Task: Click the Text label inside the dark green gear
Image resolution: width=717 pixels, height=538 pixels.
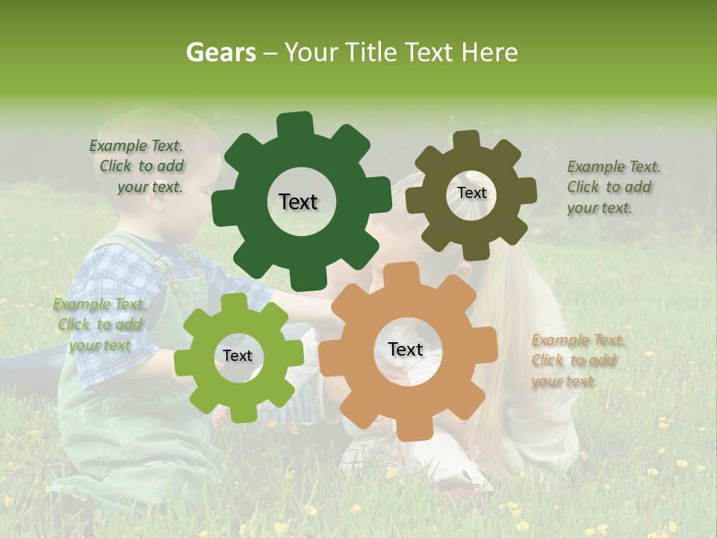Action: click(x=298, y=202)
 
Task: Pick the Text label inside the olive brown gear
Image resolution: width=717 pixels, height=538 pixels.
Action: click(x=471, y=193)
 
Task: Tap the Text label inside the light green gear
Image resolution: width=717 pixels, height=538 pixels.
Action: click(x=238, y=356)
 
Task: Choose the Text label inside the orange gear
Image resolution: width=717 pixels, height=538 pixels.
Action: click(x=406, y=349)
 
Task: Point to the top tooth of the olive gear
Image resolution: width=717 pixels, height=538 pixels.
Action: click(x=467, y=140)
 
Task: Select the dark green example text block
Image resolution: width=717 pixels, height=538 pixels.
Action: click(x=138, y=167)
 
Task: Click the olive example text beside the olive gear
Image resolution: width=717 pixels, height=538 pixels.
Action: click(x=612, y=187)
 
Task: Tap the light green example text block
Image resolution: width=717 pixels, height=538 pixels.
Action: click(x=99, y=324)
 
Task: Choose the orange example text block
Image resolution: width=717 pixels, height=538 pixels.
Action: click(x=577, y=360)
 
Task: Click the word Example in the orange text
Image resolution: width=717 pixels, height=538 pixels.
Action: click(x=560, y=341)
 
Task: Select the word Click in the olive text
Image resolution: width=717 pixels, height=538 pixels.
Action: click(x=584, y=187)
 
